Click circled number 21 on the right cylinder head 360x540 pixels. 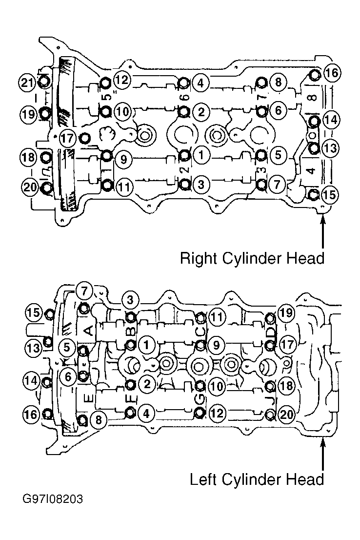[x=27, y=83]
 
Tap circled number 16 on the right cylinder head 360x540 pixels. [x=332, y=73]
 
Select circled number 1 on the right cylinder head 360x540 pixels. [x=201, y=155]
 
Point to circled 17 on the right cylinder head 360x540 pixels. [x=68, y=138]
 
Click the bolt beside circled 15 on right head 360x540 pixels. [x=313, y=194]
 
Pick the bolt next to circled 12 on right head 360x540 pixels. [x=106, y=83]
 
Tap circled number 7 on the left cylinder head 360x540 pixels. [x=84, y=291]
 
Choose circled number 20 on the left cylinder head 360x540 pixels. [x=286, y=414]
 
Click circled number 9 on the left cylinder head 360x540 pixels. [x=217, y=344]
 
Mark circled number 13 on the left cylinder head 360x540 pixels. [x=34, y=348]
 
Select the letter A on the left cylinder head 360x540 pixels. [x=88, y=330]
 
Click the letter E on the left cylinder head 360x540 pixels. [x=88, y=398]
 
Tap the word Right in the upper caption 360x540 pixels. [x=200, y=258]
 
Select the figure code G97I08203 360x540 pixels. [x=53, y=499]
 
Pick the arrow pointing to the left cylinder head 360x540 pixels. [x=322, y=455]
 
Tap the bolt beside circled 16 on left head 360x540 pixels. [x=48, y=413]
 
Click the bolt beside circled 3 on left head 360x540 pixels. [x=131, y=316]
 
